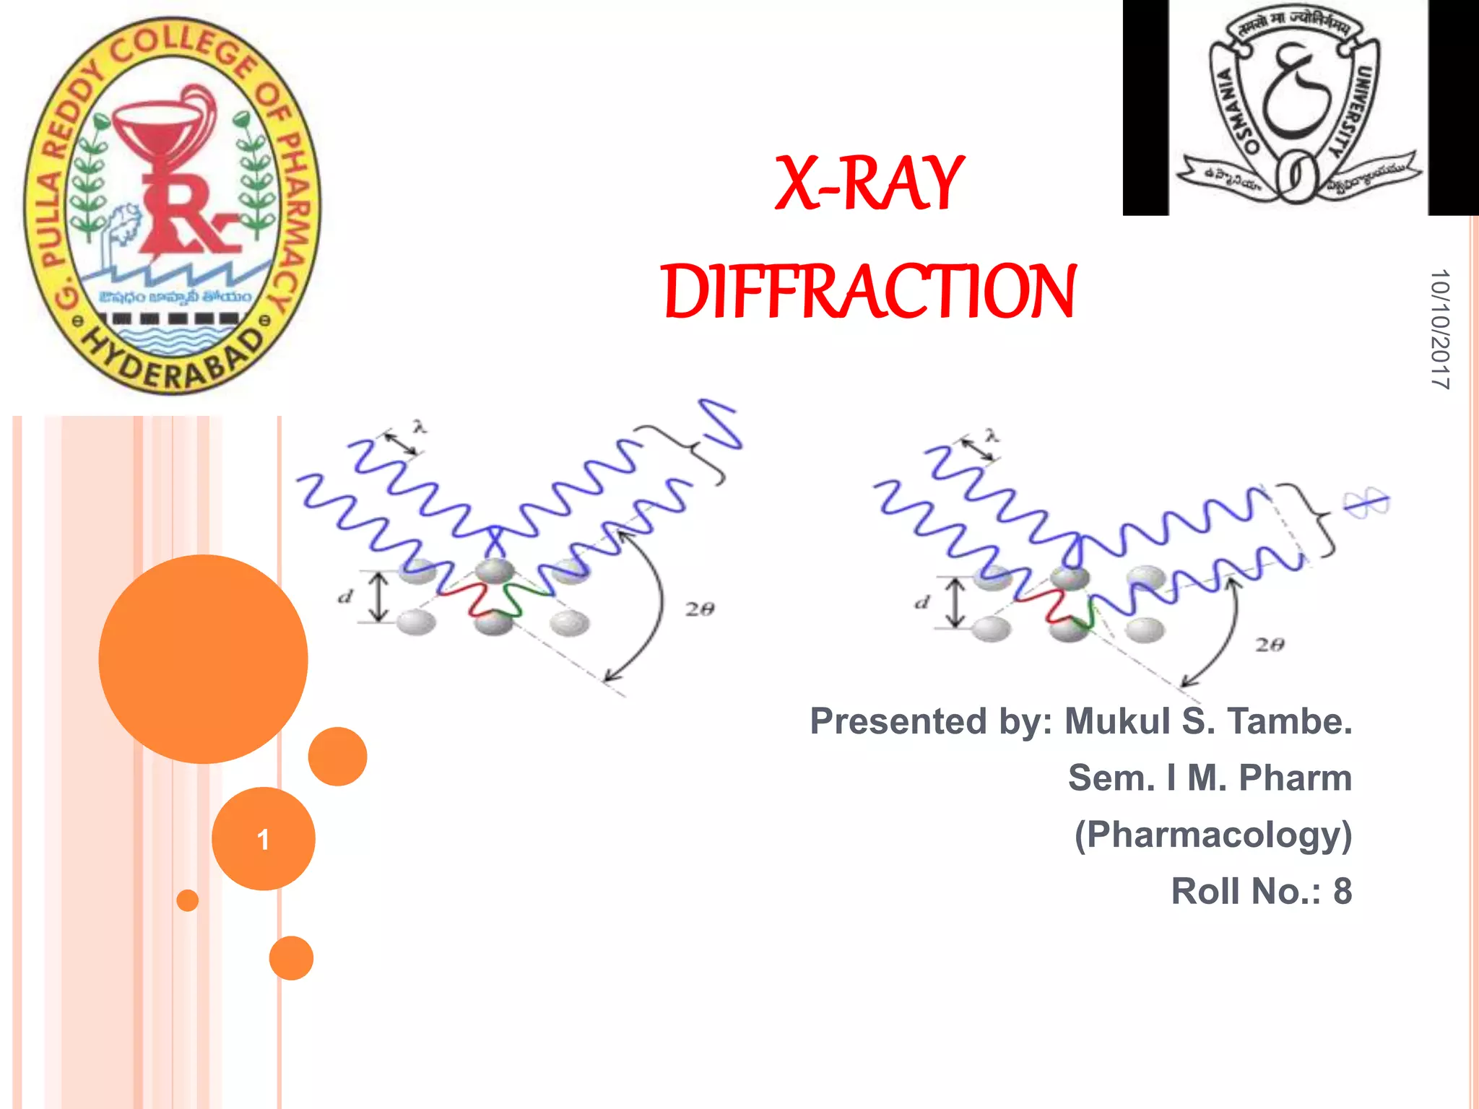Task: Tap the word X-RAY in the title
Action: [x=869, y=183]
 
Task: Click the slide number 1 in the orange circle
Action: [x=264, y=839]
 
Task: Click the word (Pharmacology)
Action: [x=1213, y=835]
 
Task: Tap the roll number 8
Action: [x=1342, y=891]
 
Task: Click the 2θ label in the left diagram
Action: [x=699, y=609]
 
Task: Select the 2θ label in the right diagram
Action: [x=1269, y=644]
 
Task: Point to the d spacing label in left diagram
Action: [x=346, y=597]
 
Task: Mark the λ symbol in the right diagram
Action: [x=992, y=435]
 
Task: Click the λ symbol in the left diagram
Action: [x=420, y=426]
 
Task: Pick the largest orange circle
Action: [x=203, y=658]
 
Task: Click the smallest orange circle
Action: [x=188, y=900]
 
